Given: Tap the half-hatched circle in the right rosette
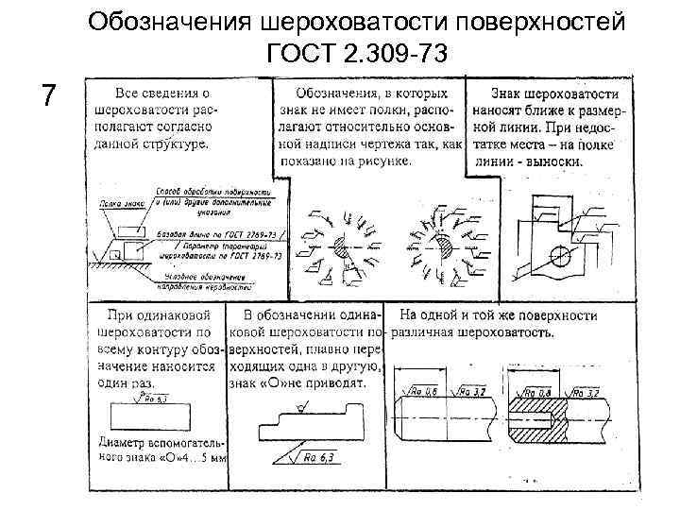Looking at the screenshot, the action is [x=443, y=247].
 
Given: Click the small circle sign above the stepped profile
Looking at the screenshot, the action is [x=300, y=409].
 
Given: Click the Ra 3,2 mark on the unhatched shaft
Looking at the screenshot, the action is [x=475, y=391].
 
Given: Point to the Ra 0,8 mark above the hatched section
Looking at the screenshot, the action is [x=540, y=391].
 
